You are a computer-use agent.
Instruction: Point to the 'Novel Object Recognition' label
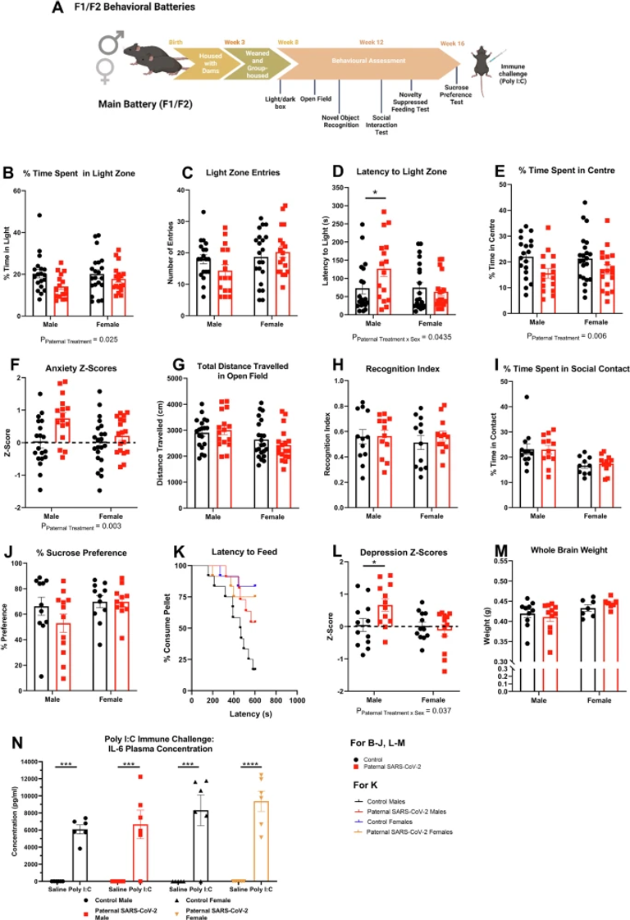[340, 121]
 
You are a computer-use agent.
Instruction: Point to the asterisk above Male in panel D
[374, 194]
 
